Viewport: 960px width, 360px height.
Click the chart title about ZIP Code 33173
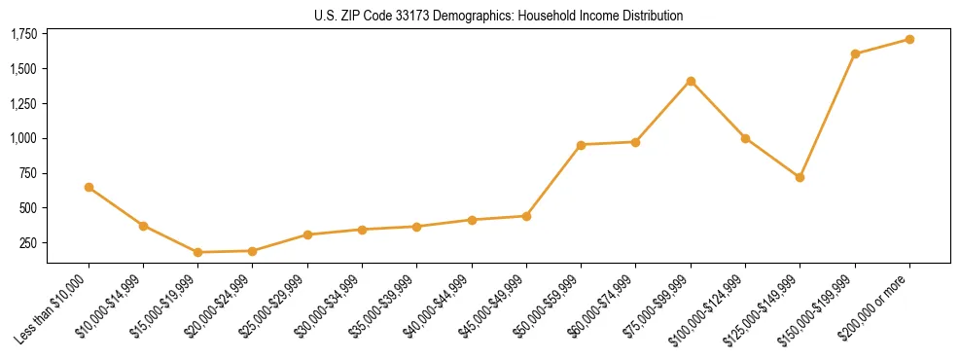coord(499,16)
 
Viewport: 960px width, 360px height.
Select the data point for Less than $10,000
coord(89,187)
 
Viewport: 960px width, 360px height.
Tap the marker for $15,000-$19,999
coord(198,252)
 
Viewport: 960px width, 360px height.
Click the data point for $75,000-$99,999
coord(691,81)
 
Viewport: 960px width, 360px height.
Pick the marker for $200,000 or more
coord(909,39)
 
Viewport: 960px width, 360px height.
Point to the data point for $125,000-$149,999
coord(800,177)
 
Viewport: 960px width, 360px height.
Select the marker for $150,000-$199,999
coord(855,54)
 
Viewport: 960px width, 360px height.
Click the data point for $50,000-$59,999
coord(581,145)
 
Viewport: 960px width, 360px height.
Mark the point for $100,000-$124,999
coord(745,138)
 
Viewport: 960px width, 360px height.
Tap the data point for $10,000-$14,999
coord(143,226)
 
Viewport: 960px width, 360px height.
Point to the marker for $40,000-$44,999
coord(472,220)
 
